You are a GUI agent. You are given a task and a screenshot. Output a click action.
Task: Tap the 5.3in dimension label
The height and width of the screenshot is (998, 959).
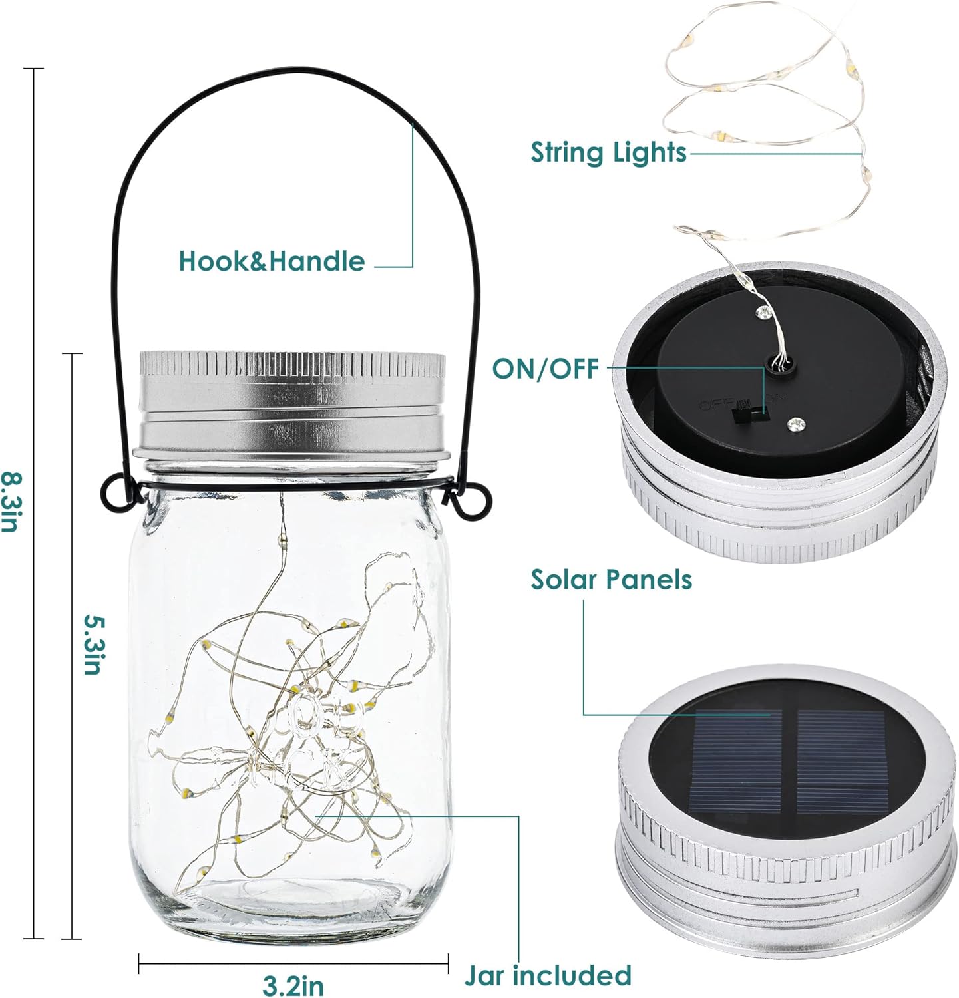point(93,643)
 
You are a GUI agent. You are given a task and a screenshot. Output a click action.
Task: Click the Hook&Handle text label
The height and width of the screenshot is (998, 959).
point(272,261)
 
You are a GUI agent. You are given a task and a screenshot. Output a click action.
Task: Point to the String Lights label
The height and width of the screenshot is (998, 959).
point(608,152)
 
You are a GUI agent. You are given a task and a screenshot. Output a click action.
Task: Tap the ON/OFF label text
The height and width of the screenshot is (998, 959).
point(546,368)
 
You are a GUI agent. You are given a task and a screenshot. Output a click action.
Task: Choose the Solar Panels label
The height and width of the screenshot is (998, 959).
point(611,580)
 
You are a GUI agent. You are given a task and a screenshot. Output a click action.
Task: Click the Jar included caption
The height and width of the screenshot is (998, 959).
point(548,976)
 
